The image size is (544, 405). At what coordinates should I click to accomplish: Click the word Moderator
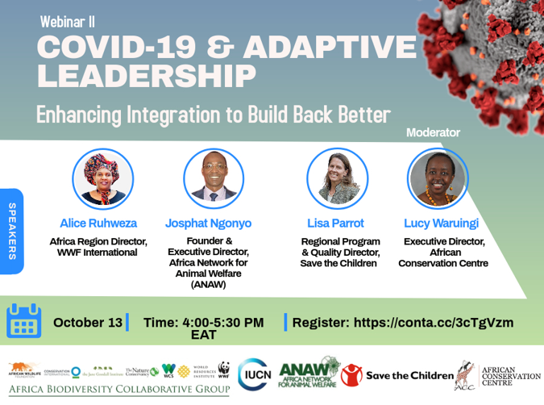coord(433,132)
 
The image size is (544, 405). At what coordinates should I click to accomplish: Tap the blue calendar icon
coord(23,320)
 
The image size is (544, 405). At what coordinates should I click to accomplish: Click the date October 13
coord(88,323)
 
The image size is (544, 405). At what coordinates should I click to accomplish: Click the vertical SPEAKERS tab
coord(12,231)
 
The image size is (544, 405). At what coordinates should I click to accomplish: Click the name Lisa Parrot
coord(336,223)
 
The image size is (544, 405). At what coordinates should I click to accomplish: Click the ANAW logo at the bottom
coord(309,374)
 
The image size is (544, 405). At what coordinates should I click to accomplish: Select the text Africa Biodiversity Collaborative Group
coord(119,390)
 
